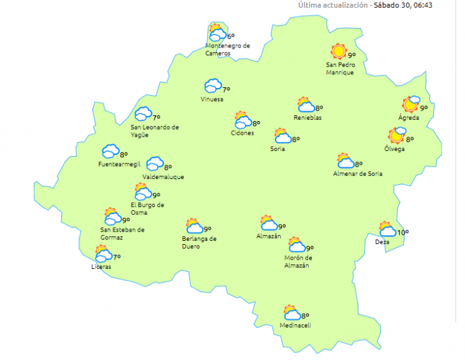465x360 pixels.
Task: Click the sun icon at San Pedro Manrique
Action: [338, 51]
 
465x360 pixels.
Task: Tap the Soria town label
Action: [277, 149]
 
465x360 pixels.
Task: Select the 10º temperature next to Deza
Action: [403, 232]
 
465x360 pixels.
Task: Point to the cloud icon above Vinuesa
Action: [212, 87]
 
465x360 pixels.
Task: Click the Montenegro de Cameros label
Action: [227, 49]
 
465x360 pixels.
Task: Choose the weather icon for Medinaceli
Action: [291, 313]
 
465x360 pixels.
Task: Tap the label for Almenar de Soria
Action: [358, 174]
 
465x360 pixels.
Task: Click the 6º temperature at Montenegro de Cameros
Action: [231, 36]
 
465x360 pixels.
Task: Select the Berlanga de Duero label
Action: [199, 242]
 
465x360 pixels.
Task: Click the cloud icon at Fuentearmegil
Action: [109, 151]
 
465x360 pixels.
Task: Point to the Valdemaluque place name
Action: [163, 177]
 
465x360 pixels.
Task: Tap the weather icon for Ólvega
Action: [397, 135]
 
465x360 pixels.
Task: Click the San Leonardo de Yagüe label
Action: [154, 131]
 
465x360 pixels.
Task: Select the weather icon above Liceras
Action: [103, 254]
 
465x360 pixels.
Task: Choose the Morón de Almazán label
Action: [297, 261]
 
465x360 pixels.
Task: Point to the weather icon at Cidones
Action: [243, 120]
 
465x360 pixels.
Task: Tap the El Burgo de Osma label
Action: [147, 208]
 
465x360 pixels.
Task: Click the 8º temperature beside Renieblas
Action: [320, 108]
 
